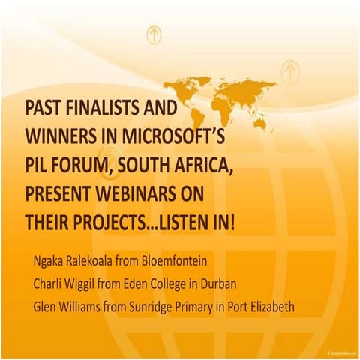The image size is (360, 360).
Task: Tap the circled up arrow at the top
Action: point(154,34)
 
